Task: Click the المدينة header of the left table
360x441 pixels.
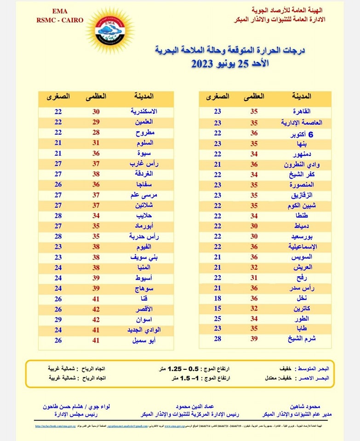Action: pos(143,97)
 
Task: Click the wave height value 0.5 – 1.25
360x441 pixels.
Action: pos(168,368)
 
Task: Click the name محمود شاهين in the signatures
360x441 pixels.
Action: pos(311,407)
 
